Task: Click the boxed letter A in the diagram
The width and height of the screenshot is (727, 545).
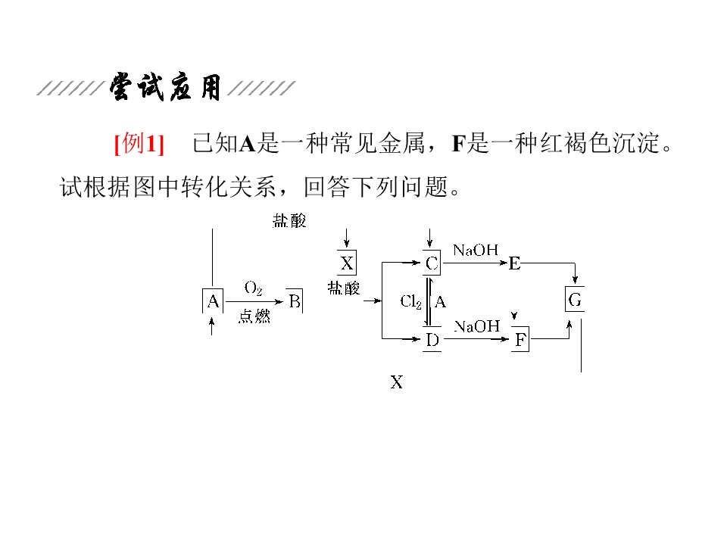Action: point(213,302)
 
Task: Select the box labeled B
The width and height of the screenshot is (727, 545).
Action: point(295,302)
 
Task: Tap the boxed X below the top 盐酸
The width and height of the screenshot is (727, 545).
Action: point(347,263)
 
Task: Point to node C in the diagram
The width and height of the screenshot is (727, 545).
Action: point(432,263)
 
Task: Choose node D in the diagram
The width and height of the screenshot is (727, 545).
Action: point(432,340)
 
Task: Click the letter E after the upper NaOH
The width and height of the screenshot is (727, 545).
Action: point(515,263)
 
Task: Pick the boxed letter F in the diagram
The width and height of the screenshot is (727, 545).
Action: point(520,341)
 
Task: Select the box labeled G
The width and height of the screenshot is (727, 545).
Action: point(575,301)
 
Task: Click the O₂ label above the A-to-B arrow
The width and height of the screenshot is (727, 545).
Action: point(253,288)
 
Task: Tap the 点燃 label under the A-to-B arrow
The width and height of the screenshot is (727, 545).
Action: point(254,317)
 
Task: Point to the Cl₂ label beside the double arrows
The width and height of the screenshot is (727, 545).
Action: point(411,301)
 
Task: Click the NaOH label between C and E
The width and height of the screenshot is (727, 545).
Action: point(475,250)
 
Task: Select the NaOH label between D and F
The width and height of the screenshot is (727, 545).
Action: point(477,326)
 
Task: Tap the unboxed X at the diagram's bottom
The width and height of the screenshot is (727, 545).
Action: point(397,382)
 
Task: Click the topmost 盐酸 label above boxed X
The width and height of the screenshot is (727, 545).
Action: point(289,221)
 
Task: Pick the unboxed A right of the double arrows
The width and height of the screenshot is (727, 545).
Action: point(440,301)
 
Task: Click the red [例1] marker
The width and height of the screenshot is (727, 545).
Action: point(139,143)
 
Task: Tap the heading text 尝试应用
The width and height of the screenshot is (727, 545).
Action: point(165,88)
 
